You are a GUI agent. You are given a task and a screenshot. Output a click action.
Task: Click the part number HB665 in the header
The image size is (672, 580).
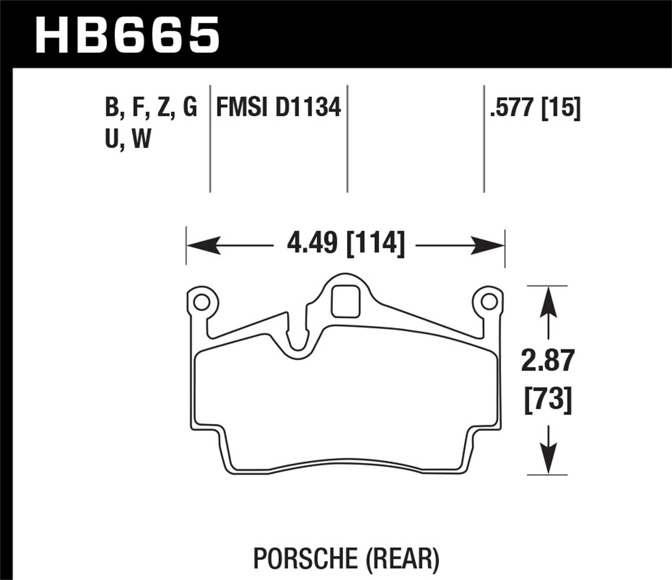coord(127,34)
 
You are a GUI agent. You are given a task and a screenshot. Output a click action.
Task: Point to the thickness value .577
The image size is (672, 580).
coord(513,108)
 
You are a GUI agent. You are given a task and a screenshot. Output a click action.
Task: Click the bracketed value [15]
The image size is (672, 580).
coord(561,108)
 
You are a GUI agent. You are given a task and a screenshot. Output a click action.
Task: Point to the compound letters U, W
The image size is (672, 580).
coord(128,139)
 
